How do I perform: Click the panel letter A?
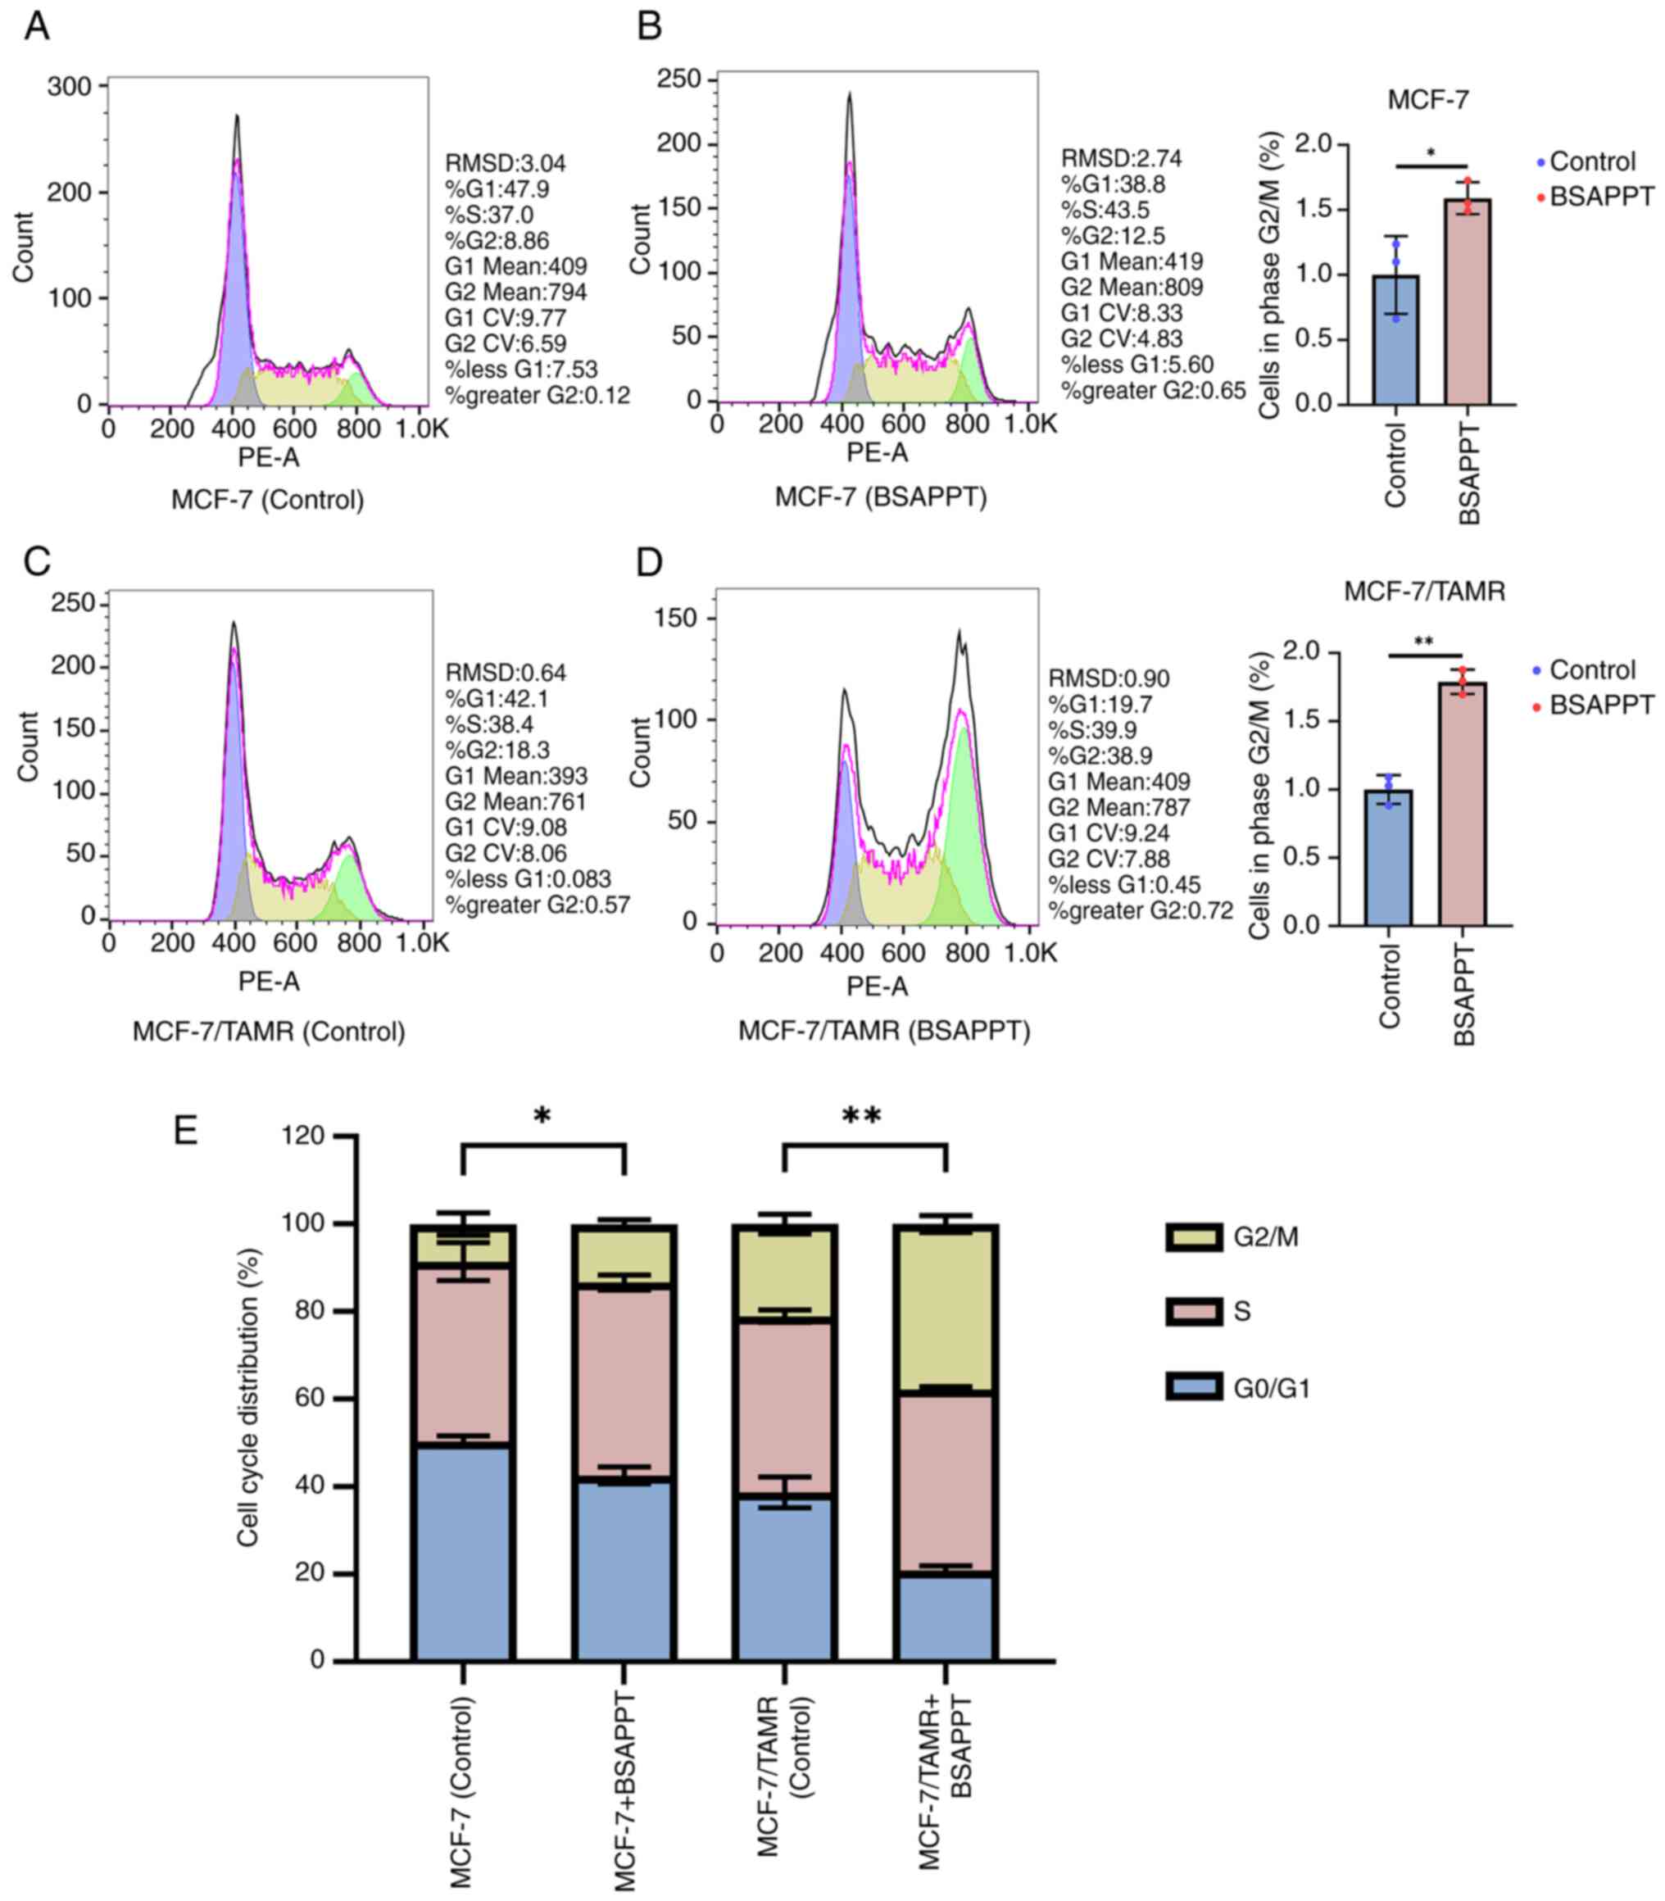pos(37,27)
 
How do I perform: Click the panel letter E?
pos(186,1130)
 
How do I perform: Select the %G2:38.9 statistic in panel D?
pos(1100,755)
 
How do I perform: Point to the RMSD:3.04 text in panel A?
pos(506,164)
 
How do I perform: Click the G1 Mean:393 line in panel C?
pos(515,776)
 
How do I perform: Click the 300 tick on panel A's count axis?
pos(70,86)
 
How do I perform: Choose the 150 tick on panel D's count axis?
pos(677,618)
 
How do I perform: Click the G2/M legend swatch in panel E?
pos(1194,1236)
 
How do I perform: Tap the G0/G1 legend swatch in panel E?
pos(1194,1388)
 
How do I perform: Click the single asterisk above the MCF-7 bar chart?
pos(1431,153)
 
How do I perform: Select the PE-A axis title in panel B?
pos(877,452)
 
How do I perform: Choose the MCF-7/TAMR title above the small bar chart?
pos(1424,591)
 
